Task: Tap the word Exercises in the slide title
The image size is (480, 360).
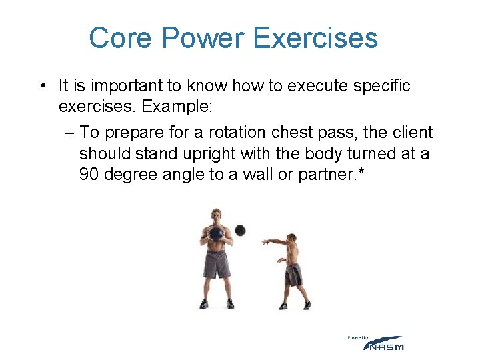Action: coord(316,38)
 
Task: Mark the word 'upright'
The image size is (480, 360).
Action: coord(204,153)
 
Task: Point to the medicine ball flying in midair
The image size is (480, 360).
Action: coord(240,230)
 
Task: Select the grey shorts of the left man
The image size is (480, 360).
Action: coord(217,264)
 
